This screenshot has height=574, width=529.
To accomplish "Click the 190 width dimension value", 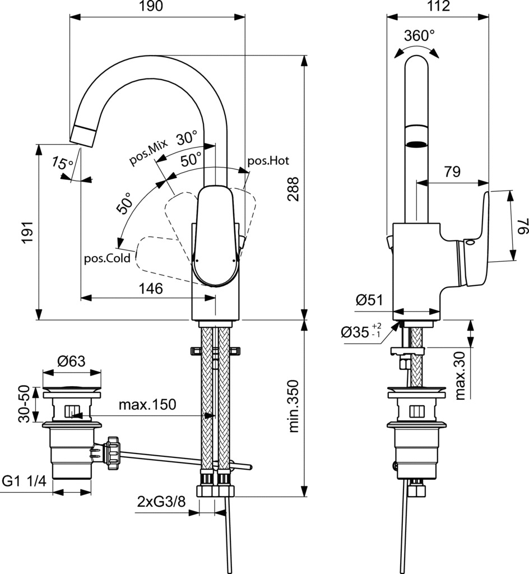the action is click(151, 6).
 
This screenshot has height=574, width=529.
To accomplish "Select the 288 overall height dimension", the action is click(293, 189).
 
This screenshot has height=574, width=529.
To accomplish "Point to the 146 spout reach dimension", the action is click(151, 289).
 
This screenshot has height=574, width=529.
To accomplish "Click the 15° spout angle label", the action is click(63, 163).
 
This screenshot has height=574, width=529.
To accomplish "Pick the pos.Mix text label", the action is click(149, 152).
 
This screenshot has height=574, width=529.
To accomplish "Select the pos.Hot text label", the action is click(268, 161).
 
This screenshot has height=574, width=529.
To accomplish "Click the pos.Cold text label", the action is click(107, 258).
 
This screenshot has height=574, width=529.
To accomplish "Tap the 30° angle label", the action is click(187, 138).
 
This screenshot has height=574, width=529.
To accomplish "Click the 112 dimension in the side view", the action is click(438, 6).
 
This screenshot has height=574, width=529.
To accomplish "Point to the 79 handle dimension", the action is click(452, 172).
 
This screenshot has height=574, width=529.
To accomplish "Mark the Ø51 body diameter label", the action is click(369, 300).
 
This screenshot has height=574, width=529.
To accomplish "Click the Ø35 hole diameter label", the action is click(361, 332).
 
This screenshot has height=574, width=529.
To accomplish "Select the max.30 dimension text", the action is click(460, 375).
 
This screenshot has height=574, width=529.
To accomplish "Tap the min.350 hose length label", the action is click(294, 406).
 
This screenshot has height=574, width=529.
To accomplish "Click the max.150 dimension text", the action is click(147, 405).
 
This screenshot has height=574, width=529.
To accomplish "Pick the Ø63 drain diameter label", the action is click(71, 362).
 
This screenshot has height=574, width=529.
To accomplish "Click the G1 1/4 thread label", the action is click(25, 481).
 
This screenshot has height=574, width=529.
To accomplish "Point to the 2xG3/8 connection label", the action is click(161, 501).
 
